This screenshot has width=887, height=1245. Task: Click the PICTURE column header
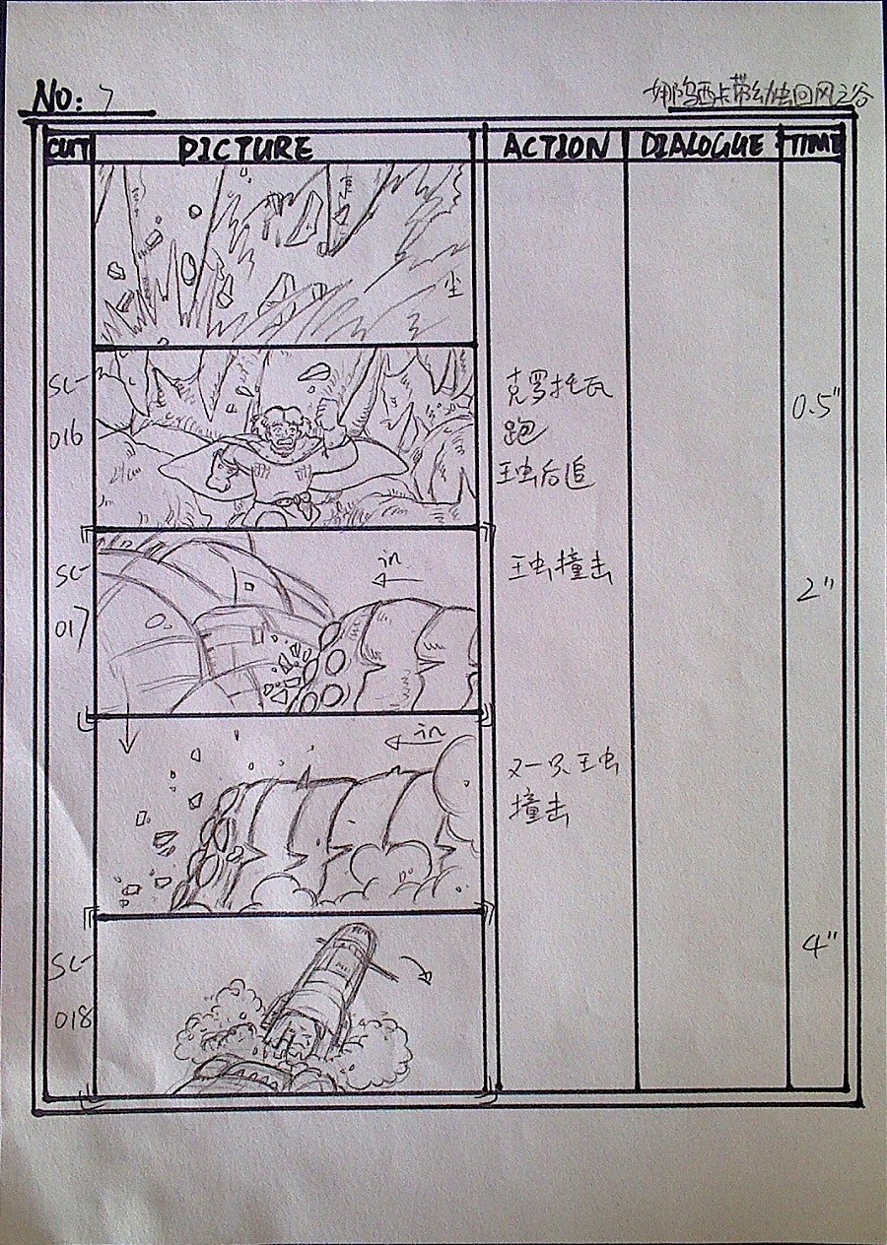coord(245,149)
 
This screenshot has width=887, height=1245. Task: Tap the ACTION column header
coord(555,147)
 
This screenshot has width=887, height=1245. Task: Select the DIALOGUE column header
coord(702,146)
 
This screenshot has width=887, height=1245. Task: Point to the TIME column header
coord(815,145)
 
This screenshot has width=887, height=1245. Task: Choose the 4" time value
coord(818,948)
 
